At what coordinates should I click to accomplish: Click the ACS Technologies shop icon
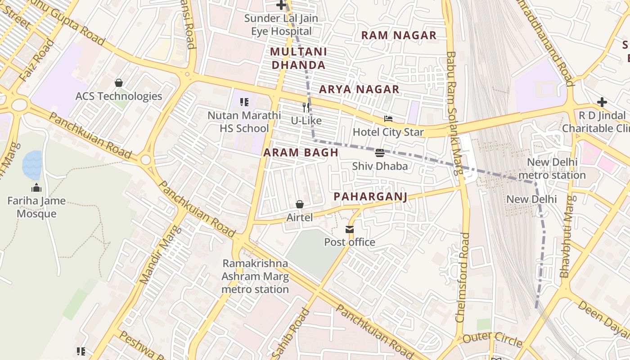(x=119, y=83)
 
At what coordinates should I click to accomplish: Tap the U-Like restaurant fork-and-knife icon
(x=306, y=107)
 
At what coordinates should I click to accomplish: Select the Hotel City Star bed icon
(x=388, y=119)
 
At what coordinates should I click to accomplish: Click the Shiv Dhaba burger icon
(x=380, y=153)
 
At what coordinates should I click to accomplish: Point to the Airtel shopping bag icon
(x=300, y=204)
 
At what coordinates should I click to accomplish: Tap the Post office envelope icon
(x=350, y=229)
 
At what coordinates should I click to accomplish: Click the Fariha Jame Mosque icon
(x=36, y=188)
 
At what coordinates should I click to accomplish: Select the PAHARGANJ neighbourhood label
(x=370, y=197)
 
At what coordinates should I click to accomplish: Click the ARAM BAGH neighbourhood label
(x=301, y=153)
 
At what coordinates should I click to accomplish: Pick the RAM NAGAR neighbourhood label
(x=399, y=36)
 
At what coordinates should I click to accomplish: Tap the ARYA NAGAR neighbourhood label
(x=359, y=90)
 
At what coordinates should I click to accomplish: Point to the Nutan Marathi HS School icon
(x=244, y=102)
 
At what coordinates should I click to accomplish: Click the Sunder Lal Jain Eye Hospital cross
(x=281, y=5)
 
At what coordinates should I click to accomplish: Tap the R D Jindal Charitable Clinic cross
(x=602, y=102)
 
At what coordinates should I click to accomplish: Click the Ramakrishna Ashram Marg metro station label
(x=255, y=276)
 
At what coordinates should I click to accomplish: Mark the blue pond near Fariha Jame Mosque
(x=32, y=165)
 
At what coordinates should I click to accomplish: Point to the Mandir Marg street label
(x=160, y=254)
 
